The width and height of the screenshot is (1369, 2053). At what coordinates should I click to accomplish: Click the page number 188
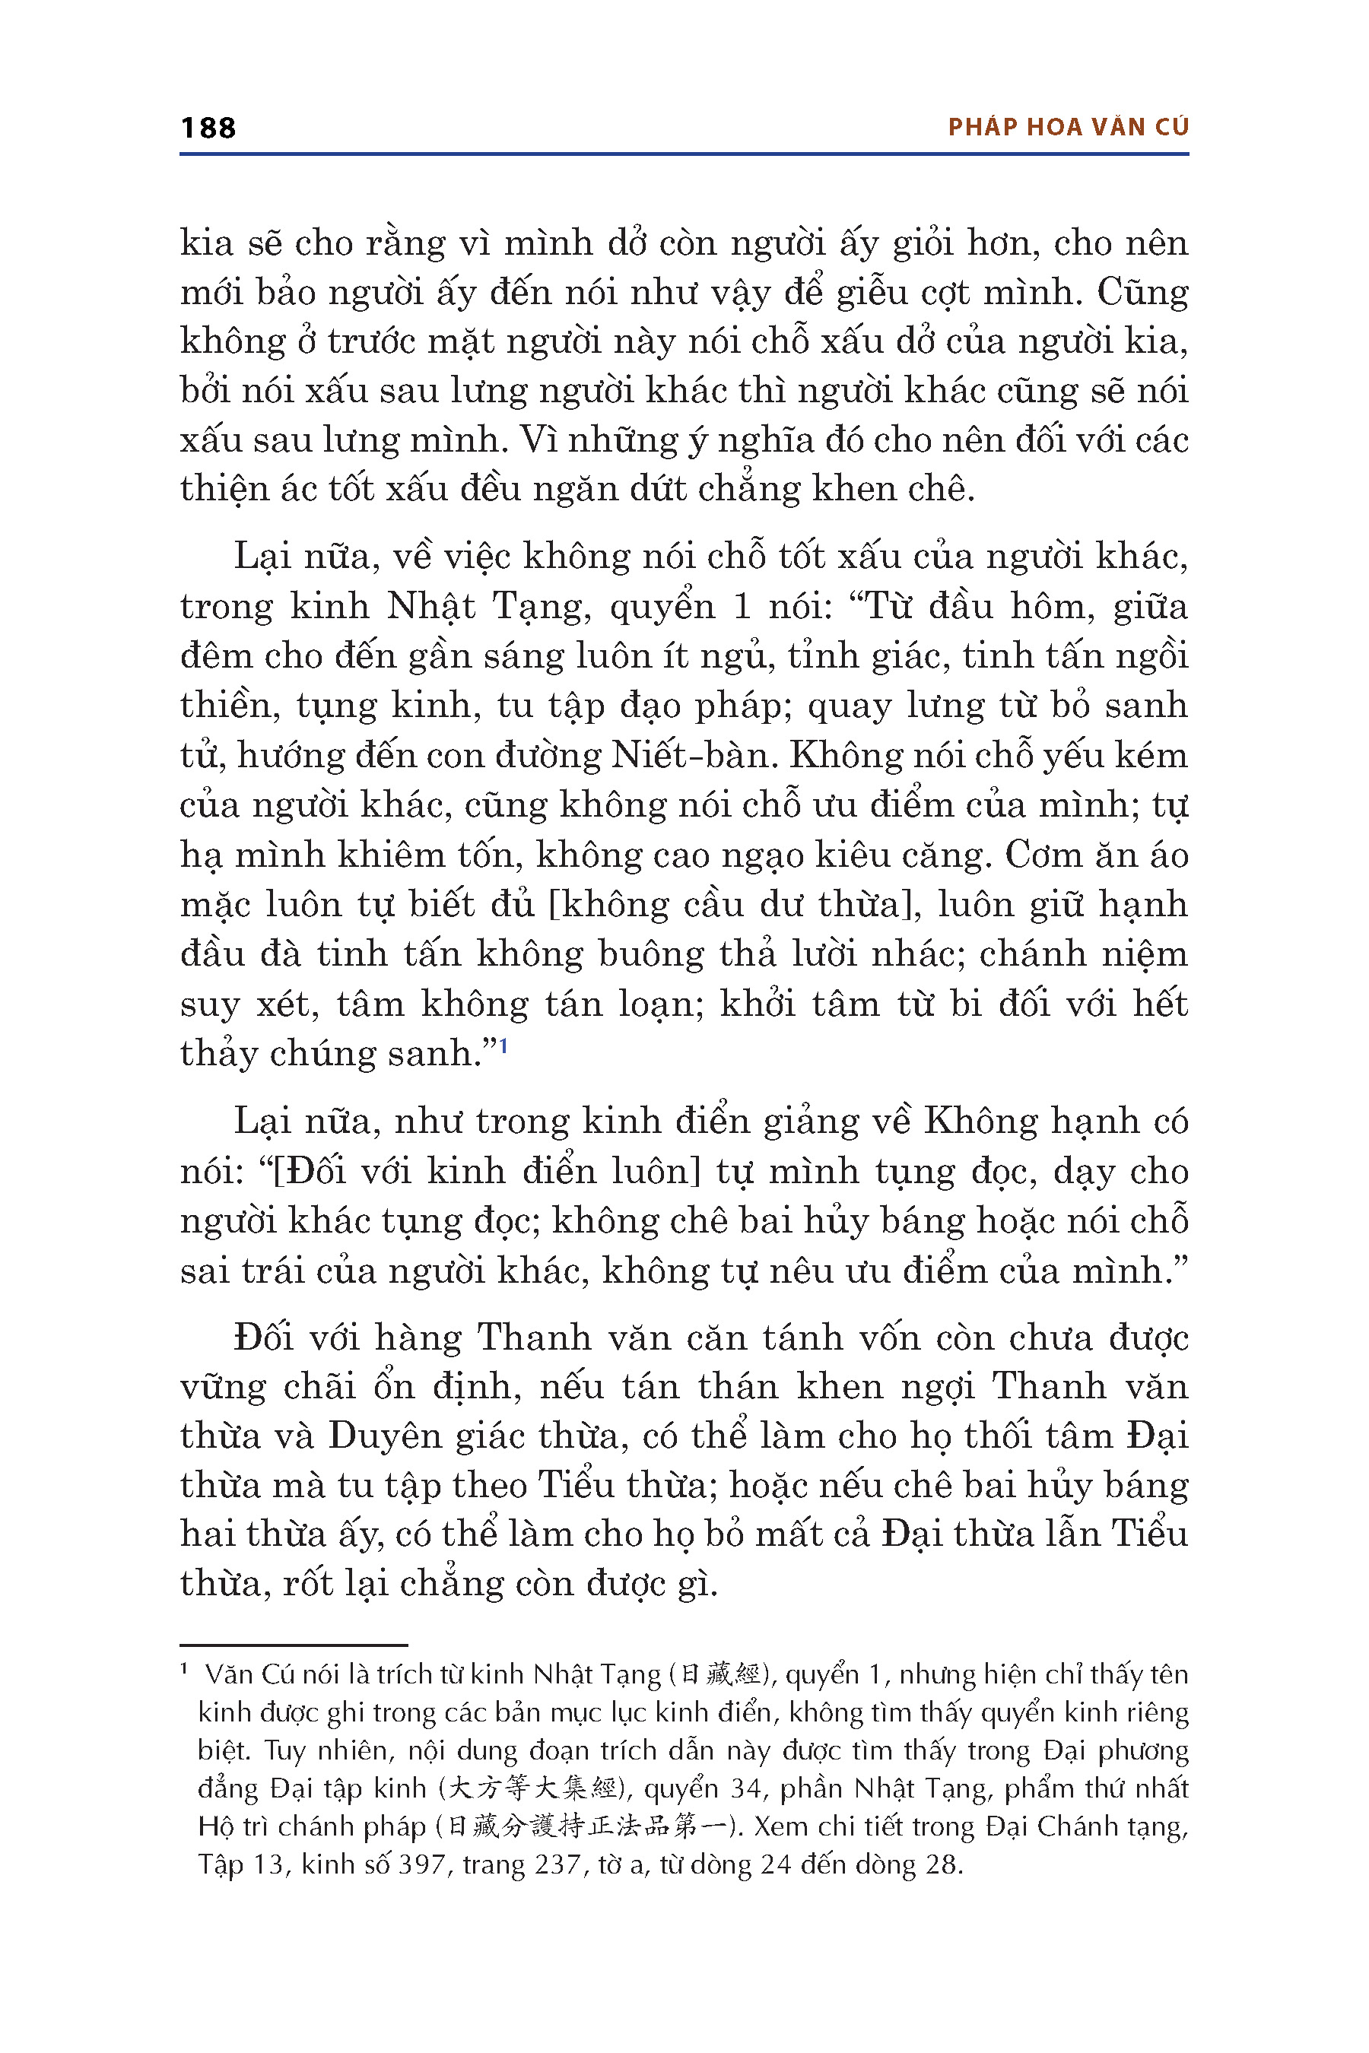(x=208, y=129)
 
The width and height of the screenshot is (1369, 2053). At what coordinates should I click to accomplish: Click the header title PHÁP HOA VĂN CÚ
(x=1068, y=128)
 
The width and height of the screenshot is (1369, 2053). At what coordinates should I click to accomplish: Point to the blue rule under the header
(x=684, y=154)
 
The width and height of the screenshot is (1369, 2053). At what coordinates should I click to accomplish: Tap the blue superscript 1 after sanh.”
(x=503, y=1045)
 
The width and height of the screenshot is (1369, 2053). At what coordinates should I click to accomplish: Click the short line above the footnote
(x=294, y=1645)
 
